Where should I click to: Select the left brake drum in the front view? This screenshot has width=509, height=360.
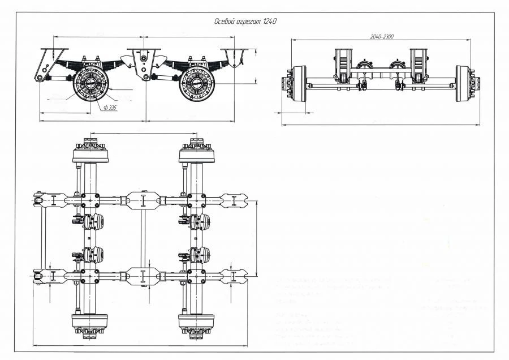pyautogui.click(x=298, y=84)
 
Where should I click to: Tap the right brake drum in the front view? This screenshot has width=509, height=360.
pyautogui.click(x=464, y=84)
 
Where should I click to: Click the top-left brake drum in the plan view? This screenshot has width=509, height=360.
pyautogui.click(x=90, y=153)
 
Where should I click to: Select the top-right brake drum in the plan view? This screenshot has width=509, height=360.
pyautogui.click(x=196, y=153)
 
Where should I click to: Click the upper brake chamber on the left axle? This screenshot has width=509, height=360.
pyautogui.click(x=94, y=221)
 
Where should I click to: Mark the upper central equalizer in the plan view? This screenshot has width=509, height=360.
pyautogui.click(x=143, y=200)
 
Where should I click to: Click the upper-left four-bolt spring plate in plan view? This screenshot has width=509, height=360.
pyautogui.click(x=90, y=200)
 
